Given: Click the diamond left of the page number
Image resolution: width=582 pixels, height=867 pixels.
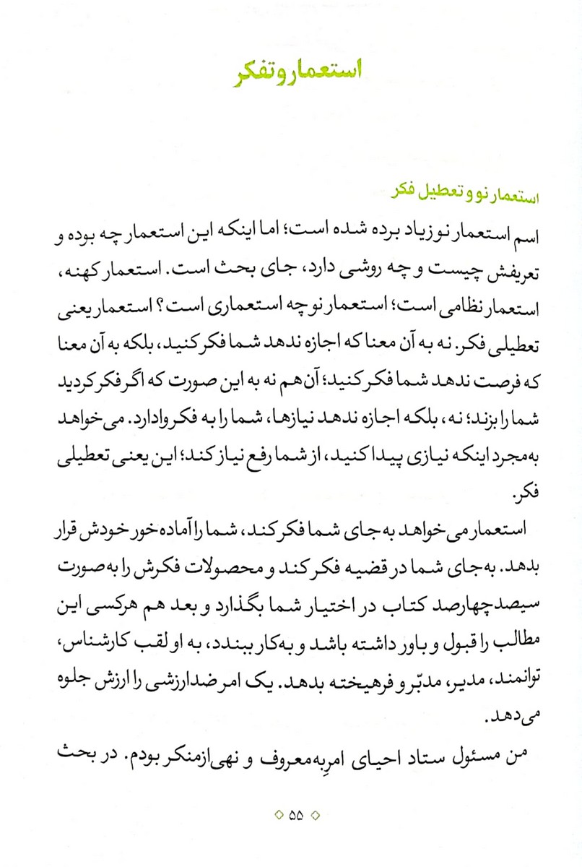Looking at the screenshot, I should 279,816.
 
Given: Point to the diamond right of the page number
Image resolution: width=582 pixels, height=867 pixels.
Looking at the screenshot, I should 314,816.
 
